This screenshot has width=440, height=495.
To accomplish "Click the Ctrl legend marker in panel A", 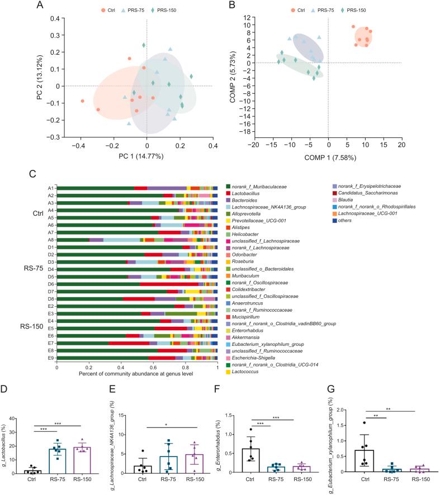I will (104, 10).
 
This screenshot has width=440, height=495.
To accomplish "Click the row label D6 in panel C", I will (50, 284).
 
